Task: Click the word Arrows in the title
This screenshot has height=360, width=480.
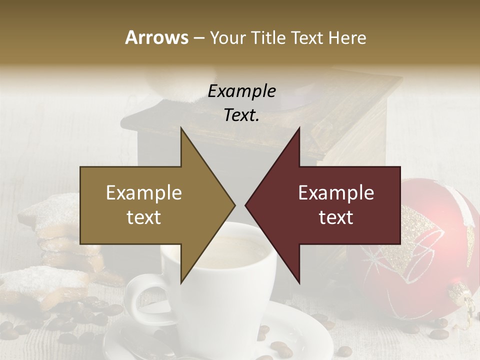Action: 157,37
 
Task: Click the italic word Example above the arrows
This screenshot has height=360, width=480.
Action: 242,91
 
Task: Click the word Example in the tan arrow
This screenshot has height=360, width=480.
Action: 144,193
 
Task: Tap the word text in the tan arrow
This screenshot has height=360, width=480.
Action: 144,217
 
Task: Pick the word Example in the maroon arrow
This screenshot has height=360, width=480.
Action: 336,193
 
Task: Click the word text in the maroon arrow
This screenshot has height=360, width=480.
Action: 336,217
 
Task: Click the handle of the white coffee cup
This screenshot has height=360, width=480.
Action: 138,300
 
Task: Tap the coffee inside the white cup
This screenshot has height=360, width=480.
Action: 235,247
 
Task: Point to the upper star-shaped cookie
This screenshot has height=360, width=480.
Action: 47,215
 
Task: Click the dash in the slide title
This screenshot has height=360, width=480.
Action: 198,38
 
